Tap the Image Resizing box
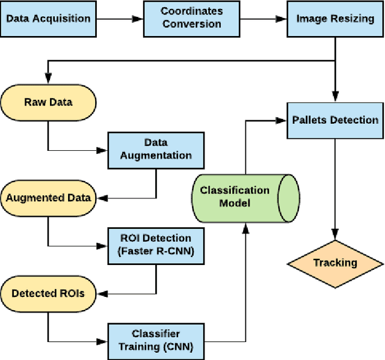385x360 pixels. point(334,18)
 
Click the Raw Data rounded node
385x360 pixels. point(48,102)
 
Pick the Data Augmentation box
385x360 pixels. point(156,149)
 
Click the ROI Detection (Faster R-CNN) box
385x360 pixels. point(156,245)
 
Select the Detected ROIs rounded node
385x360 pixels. point(48,293)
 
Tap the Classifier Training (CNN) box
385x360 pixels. point(156,340)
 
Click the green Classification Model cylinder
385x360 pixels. point(243,196)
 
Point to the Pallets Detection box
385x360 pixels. point(334,120)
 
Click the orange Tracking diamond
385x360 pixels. point(334,263)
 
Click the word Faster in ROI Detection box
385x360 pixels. point(138,251)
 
